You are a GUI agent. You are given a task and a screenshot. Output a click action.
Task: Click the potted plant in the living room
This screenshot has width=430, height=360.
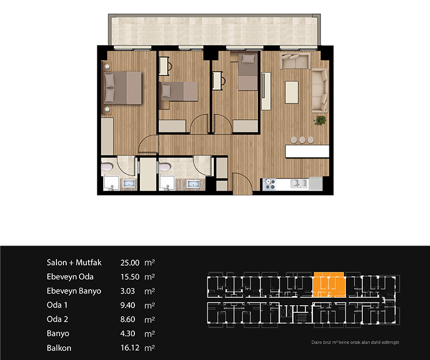pyautogui.click(x=320, y=120)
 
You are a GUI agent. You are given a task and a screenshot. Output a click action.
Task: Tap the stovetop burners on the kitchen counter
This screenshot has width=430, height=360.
pyautogui.click(x=269, y=184)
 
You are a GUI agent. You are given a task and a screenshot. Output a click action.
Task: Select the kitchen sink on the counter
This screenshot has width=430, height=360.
pyautogui.click(x=299, y=183)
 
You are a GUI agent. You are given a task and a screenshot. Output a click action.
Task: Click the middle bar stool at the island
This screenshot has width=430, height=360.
pyautogui.click(x=302, y=140)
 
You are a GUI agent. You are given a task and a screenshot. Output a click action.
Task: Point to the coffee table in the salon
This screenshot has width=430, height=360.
pyautogui.click(x=292, y=92)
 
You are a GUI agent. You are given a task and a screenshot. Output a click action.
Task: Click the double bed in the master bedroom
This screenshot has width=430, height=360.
pyautogui.click(x=123, y=88)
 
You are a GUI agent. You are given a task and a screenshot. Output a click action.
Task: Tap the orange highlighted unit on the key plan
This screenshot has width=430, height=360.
pyautogui.click(x=329, y=285)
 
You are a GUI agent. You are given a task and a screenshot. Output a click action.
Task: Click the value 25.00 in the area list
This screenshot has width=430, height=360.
pyautogui.click(x=130, y=263)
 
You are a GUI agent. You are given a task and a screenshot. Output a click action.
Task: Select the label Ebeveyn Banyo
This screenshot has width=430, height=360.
pyautogui.click(x=74, y=291)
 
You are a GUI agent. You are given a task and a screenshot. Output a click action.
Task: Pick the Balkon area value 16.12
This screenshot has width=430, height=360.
pyautogui.click(x=130, y=348)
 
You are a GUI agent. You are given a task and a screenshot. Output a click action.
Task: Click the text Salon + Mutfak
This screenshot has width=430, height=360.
pyautogui.click(x=74, y=262)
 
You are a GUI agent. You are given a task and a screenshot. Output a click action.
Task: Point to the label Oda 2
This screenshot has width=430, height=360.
pyautogui.click(x=58, y=319)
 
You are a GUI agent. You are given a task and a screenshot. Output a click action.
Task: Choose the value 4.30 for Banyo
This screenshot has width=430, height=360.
pyautogui.click(x=128, y=334)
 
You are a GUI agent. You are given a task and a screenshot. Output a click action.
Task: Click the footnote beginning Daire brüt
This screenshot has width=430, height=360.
pyautogui.click(x=355, y=342)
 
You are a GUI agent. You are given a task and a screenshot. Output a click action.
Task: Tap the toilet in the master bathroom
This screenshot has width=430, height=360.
pyautogui.click(x=107, y=167)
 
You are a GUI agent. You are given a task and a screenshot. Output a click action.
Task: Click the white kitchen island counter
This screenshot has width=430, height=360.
pyautogui.click(x=307, y=151)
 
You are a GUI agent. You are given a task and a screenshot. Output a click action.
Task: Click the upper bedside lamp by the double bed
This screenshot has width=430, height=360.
pyautogui.click(x=107, y=67)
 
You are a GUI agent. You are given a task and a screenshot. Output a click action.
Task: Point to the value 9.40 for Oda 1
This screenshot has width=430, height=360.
pyautogui.click(x=128, y=305)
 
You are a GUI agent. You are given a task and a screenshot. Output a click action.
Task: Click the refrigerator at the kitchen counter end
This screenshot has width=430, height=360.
pyautogui.click(x=316, y=184)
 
